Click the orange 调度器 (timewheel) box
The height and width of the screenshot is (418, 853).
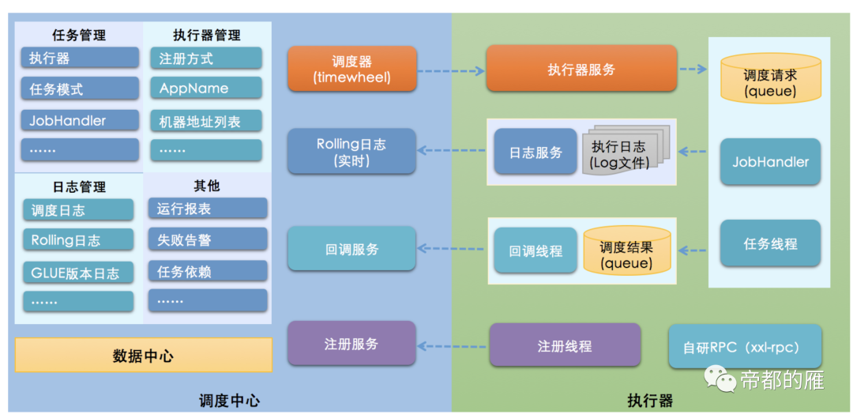[x=351, y=69]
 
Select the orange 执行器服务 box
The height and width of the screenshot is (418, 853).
[x=581, y=69]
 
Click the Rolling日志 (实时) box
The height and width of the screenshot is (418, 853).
[x=351, y=152]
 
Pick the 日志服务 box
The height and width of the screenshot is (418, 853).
[x=535, y=152]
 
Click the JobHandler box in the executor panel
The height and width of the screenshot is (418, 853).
[x=770, y=162]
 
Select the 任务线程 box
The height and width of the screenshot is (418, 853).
[x=770, y=243]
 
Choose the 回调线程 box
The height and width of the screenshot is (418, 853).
[x=535, y=250]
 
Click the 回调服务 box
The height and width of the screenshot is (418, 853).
[x=351, y=249]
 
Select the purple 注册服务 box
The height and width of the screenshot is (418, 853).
[x=351, y=344]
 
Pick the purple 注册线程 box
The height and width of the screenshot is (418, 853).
[x=565, y=345]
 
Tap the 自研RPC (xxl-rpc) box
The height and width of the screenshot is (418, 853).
[x=745, y=346]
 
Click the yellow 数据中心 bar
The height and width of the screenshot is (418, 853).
[x=143, y=356]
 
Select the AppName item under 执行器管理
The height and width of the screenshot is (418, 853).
[x=205, y=88]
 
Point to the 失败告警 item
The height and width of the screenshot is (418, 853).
[x=207, y=239]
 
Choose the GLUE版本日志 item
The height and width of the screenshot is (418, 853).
[x=77, y=273]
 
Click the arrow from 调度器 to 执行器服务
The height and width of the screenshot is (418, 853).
[x=450, y=70]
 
